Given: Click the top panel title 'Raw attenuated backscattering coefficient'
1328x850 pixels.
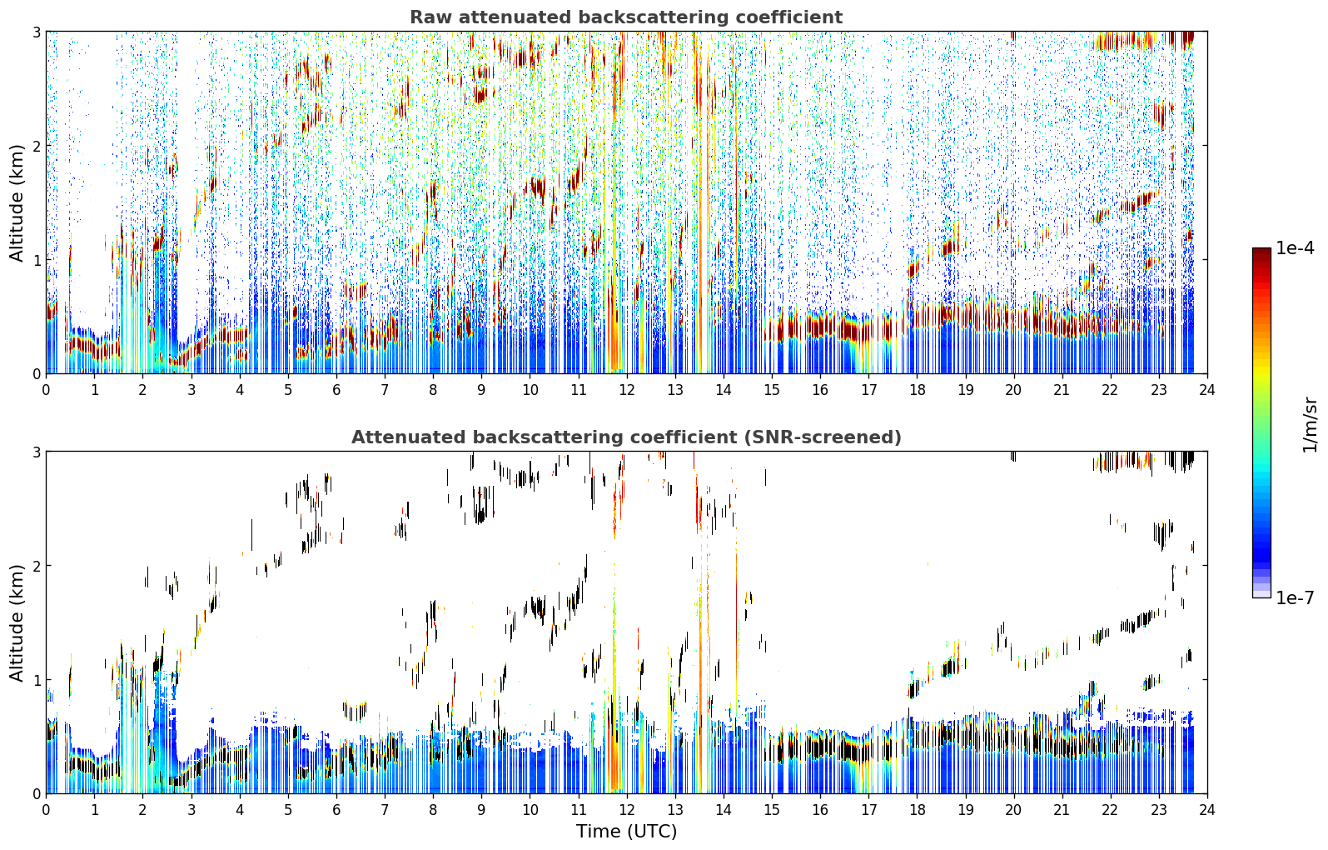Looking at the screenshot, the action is point(626,17).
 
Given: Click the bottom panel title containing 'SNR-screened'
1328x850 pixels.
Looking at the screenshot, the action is point(626,437).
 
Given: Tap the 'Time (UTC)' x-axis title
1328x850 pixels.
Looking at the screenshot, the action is point(626,831).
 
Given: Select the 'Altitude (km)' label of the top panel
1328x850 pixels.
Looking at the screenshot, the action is point(17,203).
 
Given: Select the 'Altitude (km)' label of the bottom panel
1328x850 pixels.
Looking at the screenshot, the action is point(17,622).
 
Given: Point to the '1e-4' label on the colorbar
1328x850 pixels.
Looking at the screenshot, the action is point(1295,248).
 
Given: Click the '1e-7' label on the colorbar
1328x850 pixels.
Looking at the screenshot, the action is point(1295,597).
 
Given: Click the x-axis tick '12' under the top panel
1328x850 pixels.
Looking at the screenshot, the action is point(627,390).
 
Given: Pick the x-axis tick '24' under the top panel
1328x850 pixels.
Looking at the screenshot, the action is point(1207,390).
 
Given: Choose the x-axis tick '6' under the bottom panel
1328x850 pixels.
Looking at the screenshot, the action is point(336,810).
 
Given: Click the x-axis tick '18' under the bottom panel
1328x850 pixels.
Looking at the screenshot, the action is point(918,810).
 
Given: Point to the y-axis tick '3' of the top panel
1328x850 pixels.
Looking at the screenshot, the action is point(36,32).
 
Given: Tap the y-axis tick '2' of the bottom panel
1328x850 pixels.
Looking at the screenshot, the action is point(36,566).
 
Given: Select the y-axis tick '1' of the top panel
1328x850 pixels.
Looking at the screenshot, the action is point(36,260).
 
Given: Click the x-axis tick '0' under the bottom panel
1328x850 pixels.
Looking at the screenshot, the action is point(47,810).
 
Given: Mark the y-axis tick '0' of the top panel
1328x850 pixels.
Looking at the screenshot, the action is point(36,374).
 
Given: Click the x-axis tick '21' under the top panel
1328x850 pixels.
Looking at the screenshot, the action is point(1062,390).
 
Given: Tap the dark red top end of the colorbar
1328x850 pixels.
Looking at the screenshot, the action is point(1261,251).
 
